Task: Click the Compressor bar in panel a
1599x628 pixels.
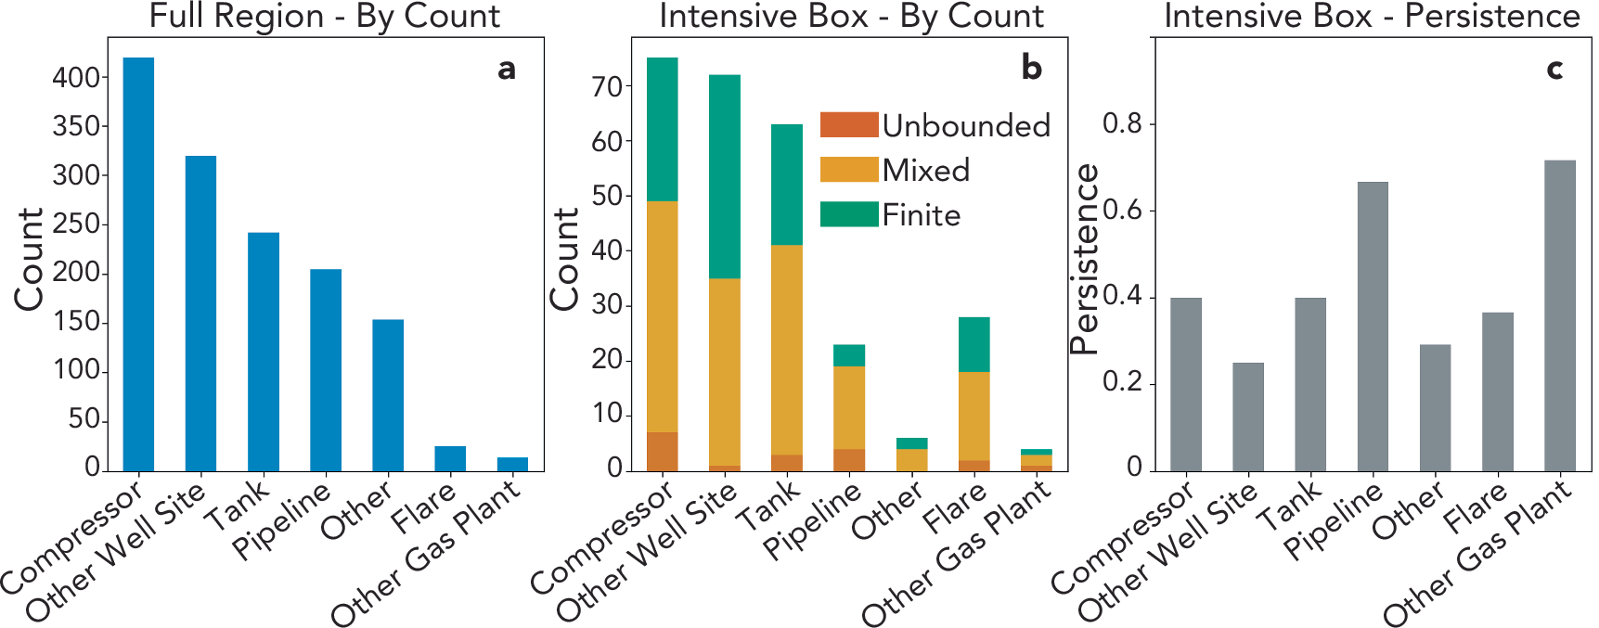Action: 138,264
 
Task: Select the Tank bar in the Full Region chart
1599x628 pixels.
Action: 263,352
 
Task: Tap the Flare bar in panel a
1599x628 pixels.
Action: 450,458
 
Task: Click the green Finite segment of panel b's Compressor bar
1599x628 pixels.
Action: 662,130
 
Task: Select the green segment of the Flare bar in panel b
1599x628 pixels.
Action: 974,344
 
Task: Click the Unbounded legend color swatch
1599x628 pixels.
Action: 848,124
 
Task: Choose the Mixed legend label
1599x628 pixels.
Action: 925,170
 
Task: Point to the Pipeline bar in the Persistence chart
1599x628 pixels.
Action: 1373,327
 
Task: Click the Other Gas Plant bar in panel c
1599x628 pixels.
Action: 1559,315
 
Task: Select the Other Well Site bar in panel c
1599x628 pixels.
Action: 1247,417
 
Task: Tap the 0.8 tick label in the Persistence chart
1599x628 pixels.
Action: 1122,123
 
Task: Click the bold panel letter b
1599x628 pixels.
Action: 1031,68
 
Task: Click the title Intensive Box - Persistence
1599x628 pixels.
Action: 1372,16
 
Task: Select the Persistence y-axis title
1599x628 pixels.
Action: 1083,260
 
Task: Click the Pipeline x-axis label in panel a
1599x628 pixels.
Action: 282,520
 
